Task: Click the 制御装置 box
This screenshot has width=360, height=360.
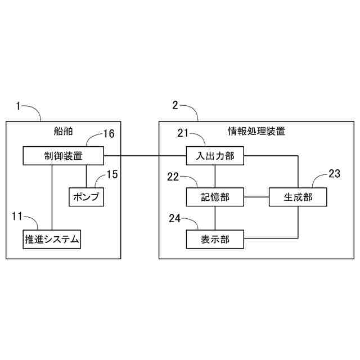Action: tap(64, 156)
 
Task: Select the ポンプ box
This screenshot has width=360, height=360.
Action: tap(86, 196)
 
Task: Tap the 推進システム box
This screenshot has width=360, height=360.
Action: tap(51, 240)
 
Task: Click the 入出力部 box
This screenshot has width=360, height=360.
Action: tap(214, 156)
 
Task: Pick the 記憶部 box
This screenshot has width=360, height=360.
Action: tap(214, 197)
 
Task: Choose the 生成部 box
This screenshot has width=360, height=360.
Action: tap(298, 197)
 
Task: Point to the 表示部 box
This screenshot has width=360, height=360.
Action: tap(214, 240)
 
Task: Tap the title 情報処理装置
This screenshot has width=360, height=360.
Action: tap(256, 132)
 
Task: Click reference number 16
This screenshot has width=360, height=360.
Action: tap(109, 134)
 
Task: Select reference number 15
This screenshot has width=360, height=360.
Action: tap(112, 174)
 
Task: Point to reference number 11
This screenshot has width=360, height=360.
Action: tap(17, 215)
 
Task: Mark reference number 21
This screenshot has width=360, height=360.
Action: tap(183, 133)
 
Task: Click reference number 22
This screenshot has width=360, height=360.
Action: tap(173, 177)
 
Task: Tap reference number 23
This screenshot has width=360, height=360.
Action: tap(334, 174)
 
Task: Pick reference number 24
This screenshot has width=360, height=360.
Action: tap(175, 218)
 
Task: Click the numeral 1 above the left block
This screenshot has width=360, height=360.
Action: tap(19, 105)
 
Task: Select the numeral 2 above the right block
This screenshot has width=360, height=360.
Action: tap(175, 105)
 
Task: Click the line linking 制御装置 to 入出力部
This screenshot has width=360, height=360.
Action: tap(145, 156)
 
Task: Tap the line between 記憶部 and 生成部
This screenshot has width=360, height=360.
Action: tap(256, 197)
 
